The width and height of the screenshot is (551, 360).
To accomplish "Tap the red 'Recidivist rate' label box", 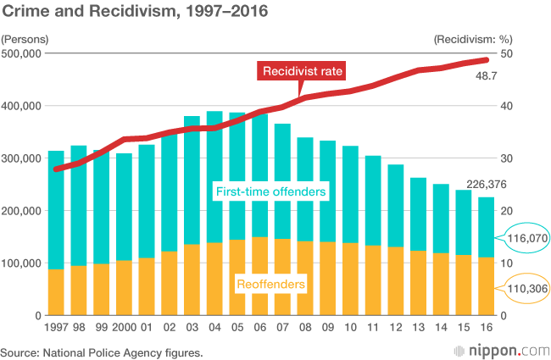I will click(303, 71).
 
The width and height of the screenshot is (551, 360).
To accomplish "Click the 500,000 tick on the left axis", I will click(22, 53).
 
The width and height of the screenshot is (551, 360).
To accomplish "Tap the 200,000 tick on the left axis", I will click(22, 211).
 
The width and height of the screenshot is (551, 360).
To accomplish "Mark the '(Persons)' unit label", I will click(25, 39).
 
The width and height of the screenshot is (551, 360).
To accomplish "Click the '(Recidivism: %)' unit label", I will click(474, 39).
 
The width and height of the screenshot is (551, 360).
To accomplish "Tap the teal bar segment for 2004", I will click(215, 177).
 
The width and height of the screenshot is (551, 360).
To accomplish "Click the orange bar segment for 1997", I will click(56, 291).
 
